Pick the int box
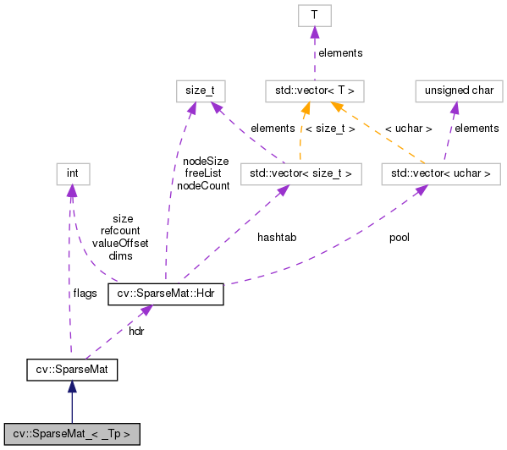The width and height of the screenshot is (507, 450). (x=73, y=174)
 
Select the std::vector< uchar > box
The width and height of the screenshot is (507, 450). (x=440, y=174)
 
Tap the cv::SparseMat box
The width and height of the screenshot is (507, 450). (x=71, y=369)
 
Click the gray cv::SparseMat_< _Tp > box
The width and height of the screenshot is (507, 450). (x=71, y=434)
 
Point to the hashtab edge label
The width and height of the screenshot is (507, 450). (x=277, y=238)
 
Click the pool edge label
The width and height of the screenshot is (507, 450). (x=399, y=238)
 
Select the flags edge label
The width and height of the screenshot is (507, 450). (x=85, y=293)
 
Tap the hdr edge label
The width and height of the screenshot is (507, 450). (x=136, y=331)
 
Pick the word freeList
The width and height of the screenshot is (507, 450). (x=202, y=173)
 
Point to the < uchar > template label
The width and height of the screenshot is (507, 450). (x=408, y=129)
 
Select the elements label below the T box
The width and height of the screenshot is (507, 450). (x=340, y=52)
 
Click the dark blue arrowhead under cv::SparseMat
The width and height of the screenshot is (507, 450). (x=72, y=386)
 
